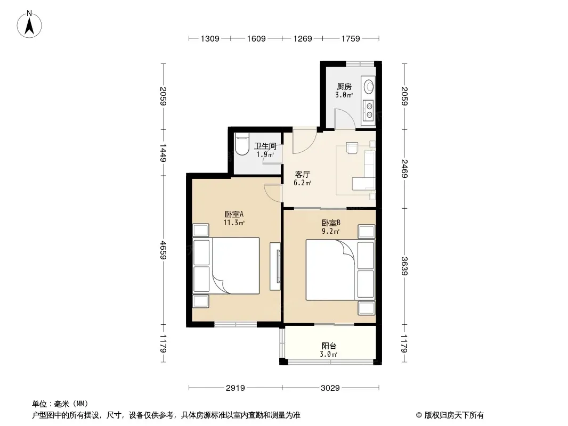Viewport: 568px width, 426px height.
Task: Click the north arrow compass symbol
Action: pyautogui.click(x=29, y=24)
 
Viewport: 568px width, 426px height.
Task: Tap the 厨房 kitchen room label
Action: pyautogui.click(x=344, y=87)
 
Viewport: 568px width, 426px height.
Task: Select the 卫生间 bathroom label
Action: pyautogui.click(x=265, y=146)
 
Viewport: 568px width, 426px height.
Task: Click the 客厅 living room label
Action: pyautogui.click(x=302, y=175)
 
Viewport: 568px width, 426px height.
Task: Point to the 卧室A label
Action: pyautogui.click(x=234, y=214)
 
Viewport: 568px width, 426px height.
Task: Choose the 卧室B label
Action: pyautogui.click(x=331, y=223)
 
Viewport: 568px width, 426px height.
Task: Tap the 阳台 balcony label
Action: pyautogui.click(x=329, y=346)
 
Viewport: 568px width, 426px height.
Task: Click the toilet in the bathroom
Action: pyautogui.click(x=242, y=144)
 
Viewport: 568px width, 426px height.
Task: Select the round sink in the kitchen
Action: pyautogui.click(x=369, y=86)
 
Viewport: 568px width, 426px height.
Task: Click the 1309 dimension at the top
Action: pyautogui.click(x=210, y=39)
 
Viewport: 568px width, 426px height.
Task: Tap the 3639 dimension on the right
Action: pyautogui.click(x=404, y=266)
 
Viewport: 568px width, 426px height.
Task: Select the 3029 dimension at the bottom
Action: pyautogui.click(x=330, y=388)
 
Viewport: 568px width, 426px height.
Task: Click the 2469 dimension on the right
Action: pyautogui.click(x=404, y=169)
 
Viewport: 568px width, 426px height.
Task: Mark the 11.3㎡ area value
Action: pyautogui.click(x=234, y=223)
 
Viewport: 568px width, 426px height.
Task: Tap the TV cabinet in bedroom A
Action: pyautogui.click(x=275, y=266)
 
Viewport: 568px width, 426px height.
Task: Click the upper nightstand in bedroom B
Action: pyautogui.click(x=366, y=231)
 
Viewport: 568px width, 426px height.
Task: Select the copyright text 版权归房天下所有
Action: pyautogui.click(x=454, y=415)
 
